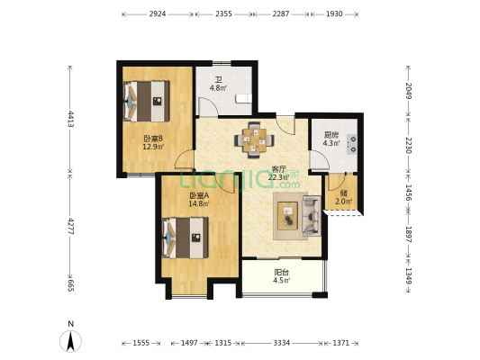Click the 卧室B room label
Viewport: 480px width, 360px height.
pyautogui.click(x=152, y=138)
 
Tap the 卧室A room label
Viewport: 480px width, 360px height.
pyautogui.click(x=198, y=196)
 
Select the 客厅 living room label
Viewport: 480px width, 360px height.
pyautogui.click(x=279, y=168)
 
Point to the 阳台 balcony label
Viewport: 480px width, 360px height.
pyautogui.click(x=281, y=272)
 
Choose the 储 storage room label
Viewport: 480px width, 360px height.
pyautogui.click(x=343, y=191)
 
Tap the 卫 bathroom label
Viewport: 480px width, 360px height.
pyautogui.click(x=217, y=78)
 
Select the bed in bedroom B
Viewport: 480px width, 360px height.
pyautogui.click(x=146, y=101)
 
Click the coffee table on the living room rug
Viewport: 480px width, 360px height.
pyautogui.click(x=290, y=216)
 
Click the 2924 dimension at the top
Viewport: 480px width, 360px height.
pyautogui.click(x=157, y=14)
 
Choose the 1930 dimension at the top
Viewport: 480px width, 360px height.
pyautogui.click(x=333, y=14)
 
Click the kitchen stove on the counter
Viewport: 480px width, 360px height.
pyautogui.click(x=352, y=142)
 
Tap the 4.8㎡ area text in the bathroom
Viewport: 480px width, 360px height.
pyautogui.click(x=217, y=88)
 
